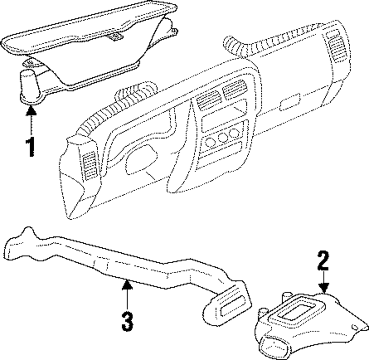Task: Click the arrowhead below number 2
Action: pos(324,288)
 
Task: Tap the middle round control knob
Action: pos(222,138)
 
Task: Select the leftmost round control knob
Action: pos(210,142)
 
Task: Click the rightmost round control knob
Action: pos(234,133)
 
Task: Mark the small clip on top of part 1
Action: pos(116,36)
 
